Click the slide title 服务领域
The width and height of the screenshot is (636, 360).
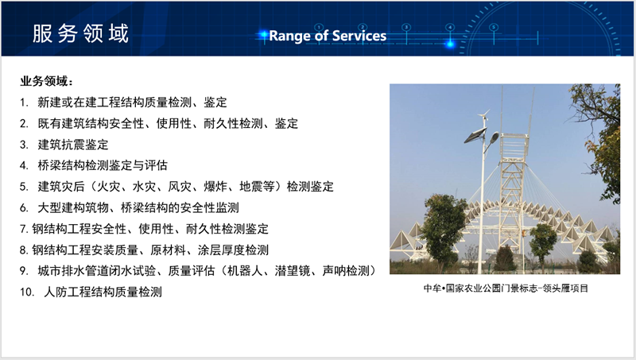80,33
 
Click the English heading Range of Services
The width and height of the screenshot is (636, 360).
328,36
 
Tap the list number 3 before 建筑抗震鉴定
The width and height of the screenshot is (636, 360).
24,145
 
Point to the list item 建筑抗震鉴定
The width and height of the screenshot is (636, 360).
73,145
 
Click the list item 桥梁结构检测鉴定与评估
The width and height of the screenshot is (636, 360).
103,165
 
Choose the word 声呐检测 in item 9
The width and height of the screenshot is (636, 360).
346,271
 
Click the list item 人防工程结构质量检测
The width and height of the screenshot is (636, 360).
103,292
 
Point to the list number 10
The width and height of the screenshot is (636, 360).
27,292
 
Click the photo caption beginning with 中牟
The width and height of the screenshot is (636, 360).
506,288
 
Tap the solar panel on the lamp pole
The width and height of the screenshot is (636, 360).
475,135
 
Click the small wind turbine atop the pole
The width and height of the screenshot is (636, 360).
483,117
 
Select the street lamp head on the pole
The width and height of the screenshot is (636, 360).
494,137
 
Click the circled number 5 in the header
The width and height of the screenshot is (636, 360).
494,28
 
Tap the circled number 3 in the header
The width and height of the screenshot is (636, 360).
406,28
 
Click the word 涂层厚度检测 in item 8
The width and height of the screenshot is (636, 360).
233,250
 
